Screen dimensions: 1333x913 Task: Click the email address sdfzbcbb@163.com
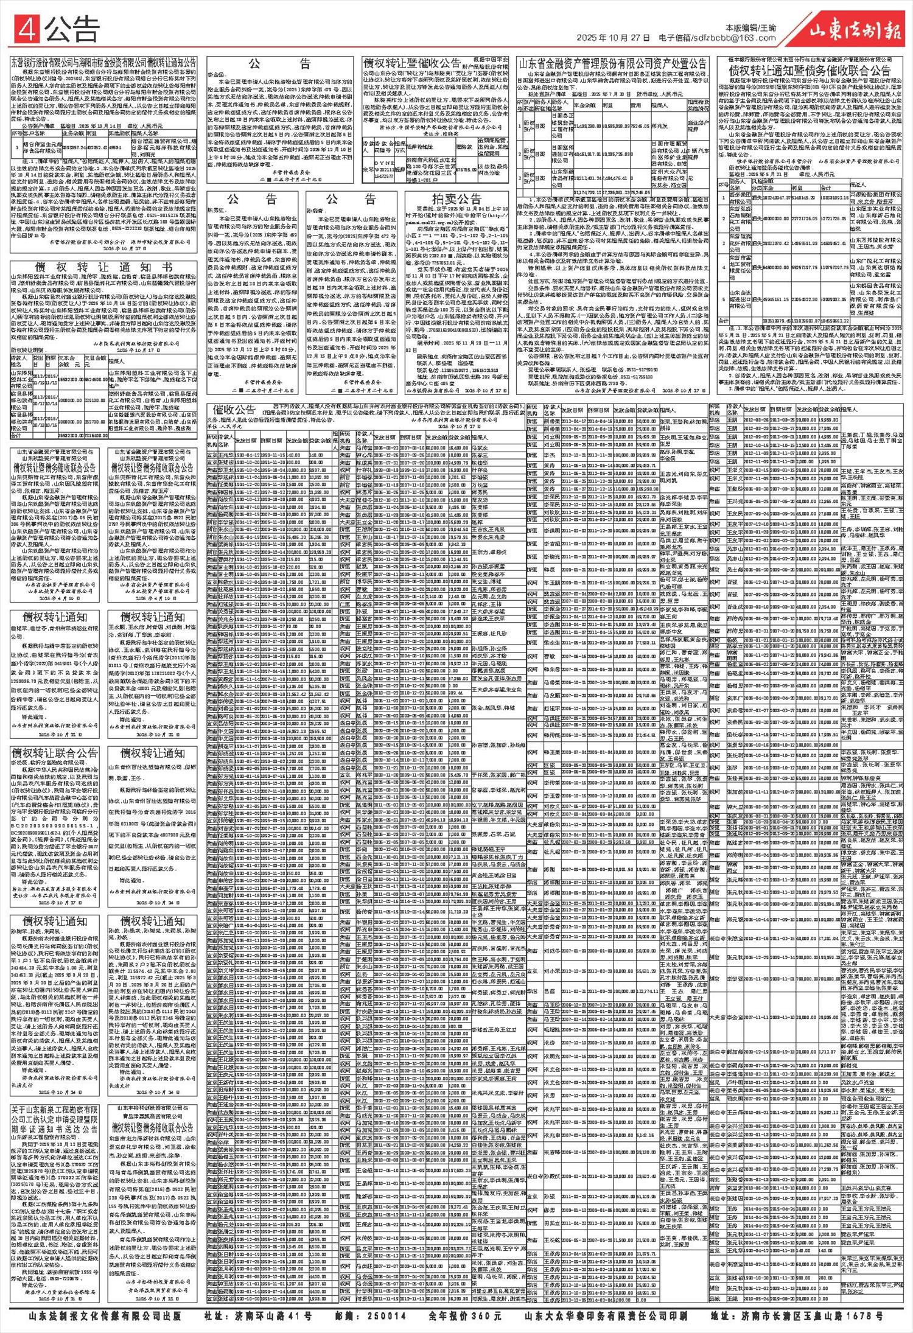tap(730, 38)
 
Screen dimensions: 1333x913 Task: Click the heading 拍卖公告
tap(456, 199)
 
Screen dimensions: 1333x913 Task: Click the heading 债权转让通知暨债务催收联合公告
tap(808, 71)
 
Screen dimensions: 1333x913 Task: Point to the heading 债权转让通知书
tap(103, 267)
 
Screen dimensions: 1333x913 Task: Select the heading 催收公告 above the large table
tap(231, 408)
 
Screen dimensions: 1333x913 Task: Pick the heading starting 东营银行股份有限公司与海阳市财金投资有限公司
tap(103, 61)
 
